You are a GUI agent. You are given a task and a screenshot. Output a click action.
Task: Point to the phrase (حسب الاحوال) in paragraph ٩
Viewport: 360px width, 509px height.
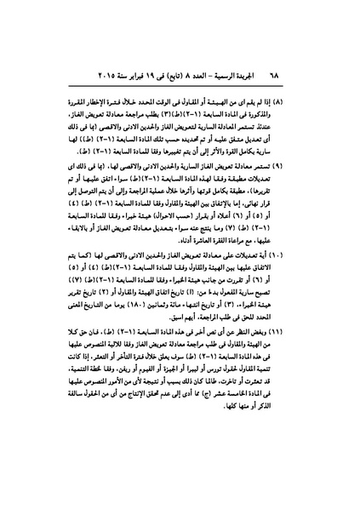click(201, 214)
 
